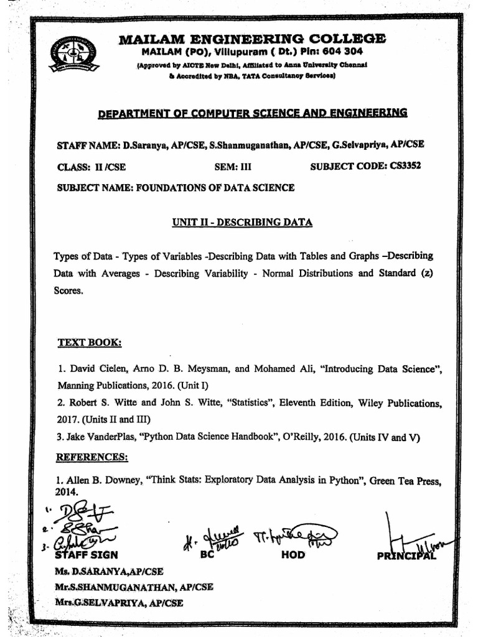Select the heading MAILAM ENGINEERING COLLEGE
[x=252, y=38]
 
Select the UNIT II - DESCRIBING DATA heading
[x=242, y=222]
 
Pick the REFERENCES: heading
[x=92, y=457]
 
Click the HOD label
[x=293, y=555]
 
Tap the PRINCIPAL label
[x=406, y=556]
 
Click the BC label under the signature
[x=207, y=555]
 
